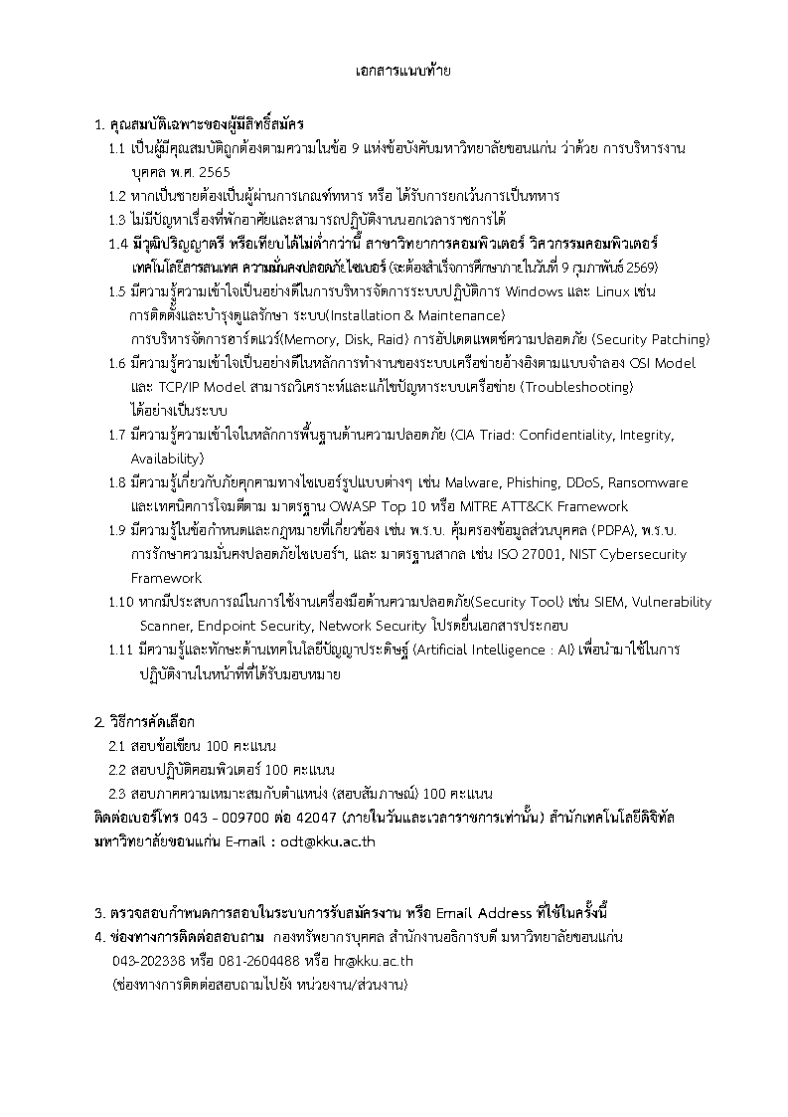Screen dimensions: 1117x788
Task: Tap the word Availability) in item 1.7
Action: tap(167, 459)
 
